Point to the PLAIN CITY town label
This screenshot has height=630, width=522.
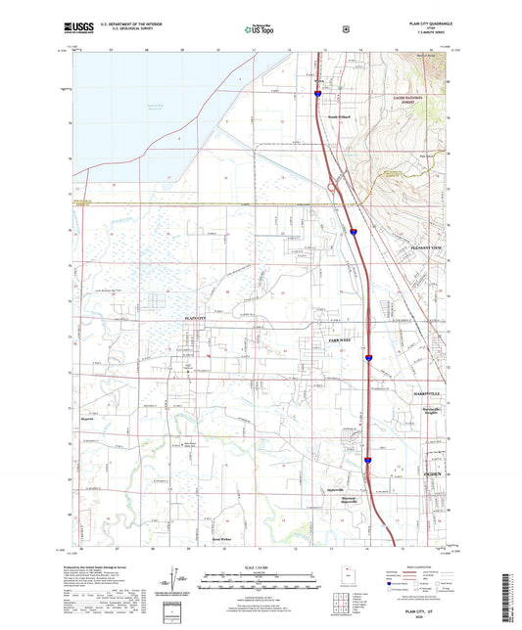198,319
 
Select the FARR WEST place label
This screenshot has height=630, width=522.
325,338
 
